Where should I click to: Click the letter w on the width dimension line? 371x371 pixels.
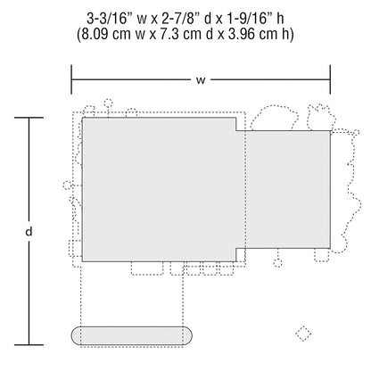pyautogui.click(x=201, y=80)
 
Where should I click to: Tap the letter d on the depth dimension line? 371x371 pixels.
pyautogui.click(x=29, y=231)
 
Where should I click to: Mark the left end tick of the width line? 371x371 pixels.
pyautogui.click(x=71, y=79)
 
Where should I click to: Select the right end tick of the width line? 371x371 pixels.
pyautogui.click(x=330, y=79)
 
